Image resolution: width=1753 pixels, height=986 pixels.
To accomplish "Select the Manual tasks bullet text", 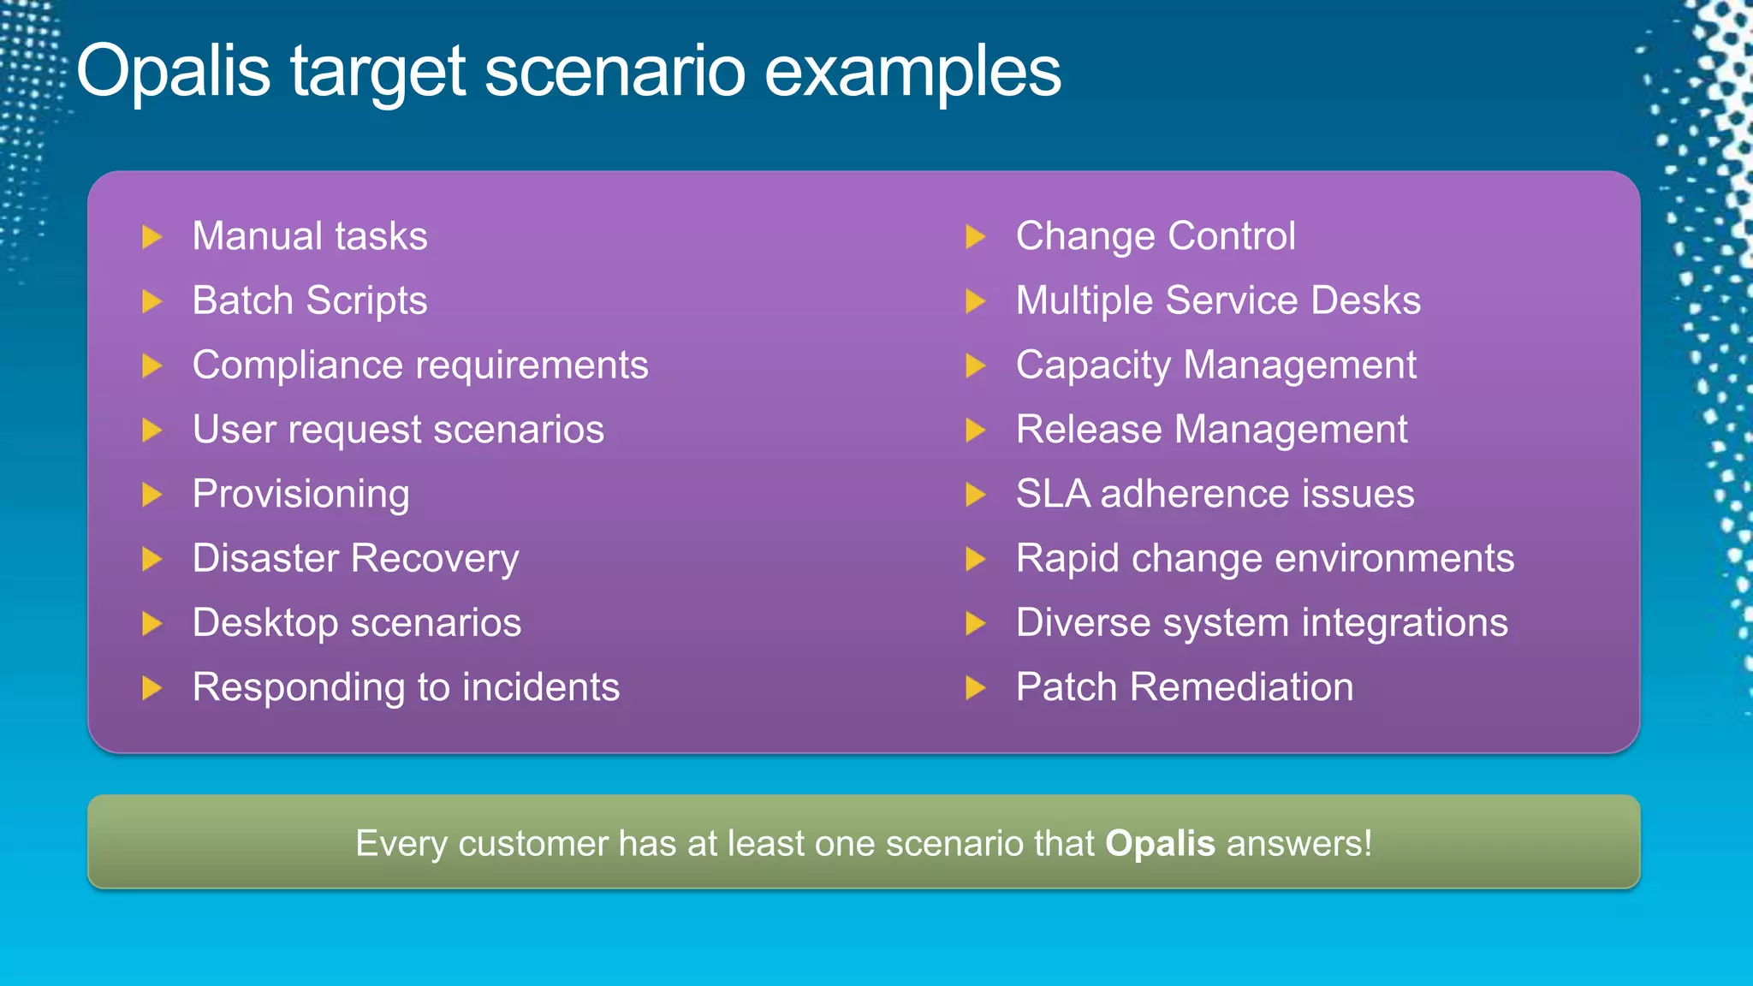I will (310, 236).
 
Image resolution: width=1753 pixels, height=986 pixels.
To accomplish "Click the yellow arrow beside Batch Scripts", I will (152, 301).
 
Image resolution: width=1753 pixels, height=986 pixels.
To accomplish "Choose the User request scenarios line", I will (398, 430).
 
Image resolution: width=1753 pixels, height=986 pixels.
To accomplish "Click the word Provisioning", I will (301, 495).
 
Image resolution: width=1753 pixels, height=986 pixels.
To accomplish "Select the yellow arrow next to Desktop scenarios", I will (152, 623).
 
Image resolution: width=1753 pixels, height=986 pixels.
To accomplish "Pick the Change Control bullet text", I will (1156, 236).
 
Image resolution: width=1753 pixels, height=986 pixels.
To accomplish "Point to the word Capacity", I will (1093, 366).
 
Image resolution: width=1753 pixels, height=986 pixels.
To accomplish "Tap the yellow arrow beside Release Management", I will (975, 430).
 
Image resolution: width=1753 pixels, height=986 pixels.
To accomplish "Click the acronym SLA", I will (1053, 494).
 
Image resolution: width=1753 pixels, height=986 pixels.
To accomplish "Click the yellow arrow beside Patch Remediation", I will (975, 687).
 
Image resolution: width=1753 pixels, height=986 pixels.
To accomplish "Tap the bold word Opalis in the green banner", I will (1160, 844).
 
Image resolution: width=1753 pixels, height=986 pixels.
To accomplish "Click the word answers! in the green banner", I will (1299, 844).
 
